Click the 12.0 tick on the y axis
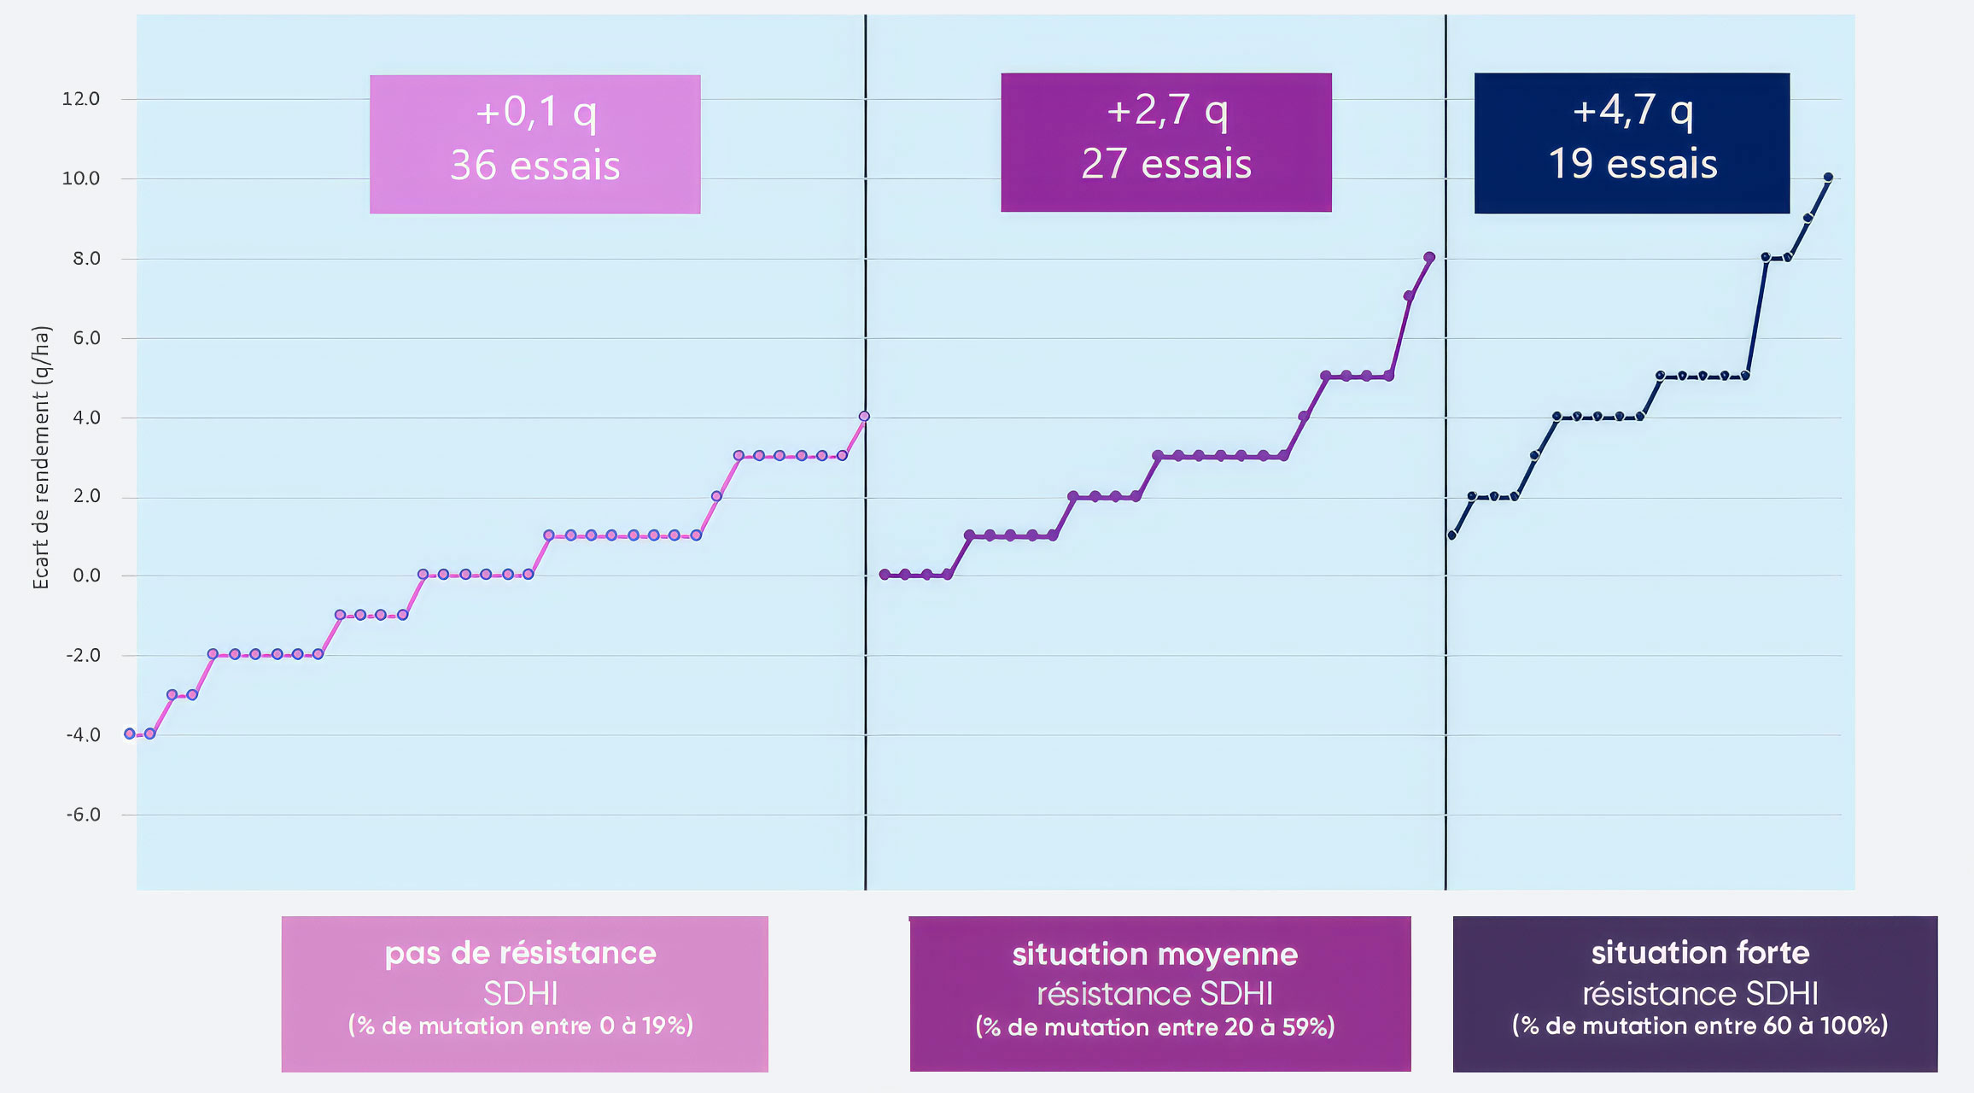81,99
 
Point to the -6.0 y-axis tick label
83,815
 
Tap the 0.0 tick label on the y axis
86,576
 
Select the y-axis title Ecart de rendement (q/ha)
41,458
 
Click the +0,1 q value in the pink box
535,112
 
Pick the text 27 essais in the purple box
1166,164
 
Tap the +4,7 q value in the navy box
1632,110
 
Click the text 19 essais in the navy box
1632,164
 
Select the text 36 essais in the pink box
535,166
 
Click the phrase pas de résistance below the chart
521,953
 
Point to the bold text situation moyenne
1155,954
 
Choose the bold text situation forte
1700,952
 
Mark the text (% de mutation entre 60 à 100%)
1700,1026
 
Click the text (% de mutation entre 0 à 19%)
521,1026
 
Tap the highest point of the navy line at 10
1828,178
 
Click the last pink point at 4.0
864,417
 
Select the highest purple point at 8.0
1429,257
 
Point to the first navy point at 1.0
1451,535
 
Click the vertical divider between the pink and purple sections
865,453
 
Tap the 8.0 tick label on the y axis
86,258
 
